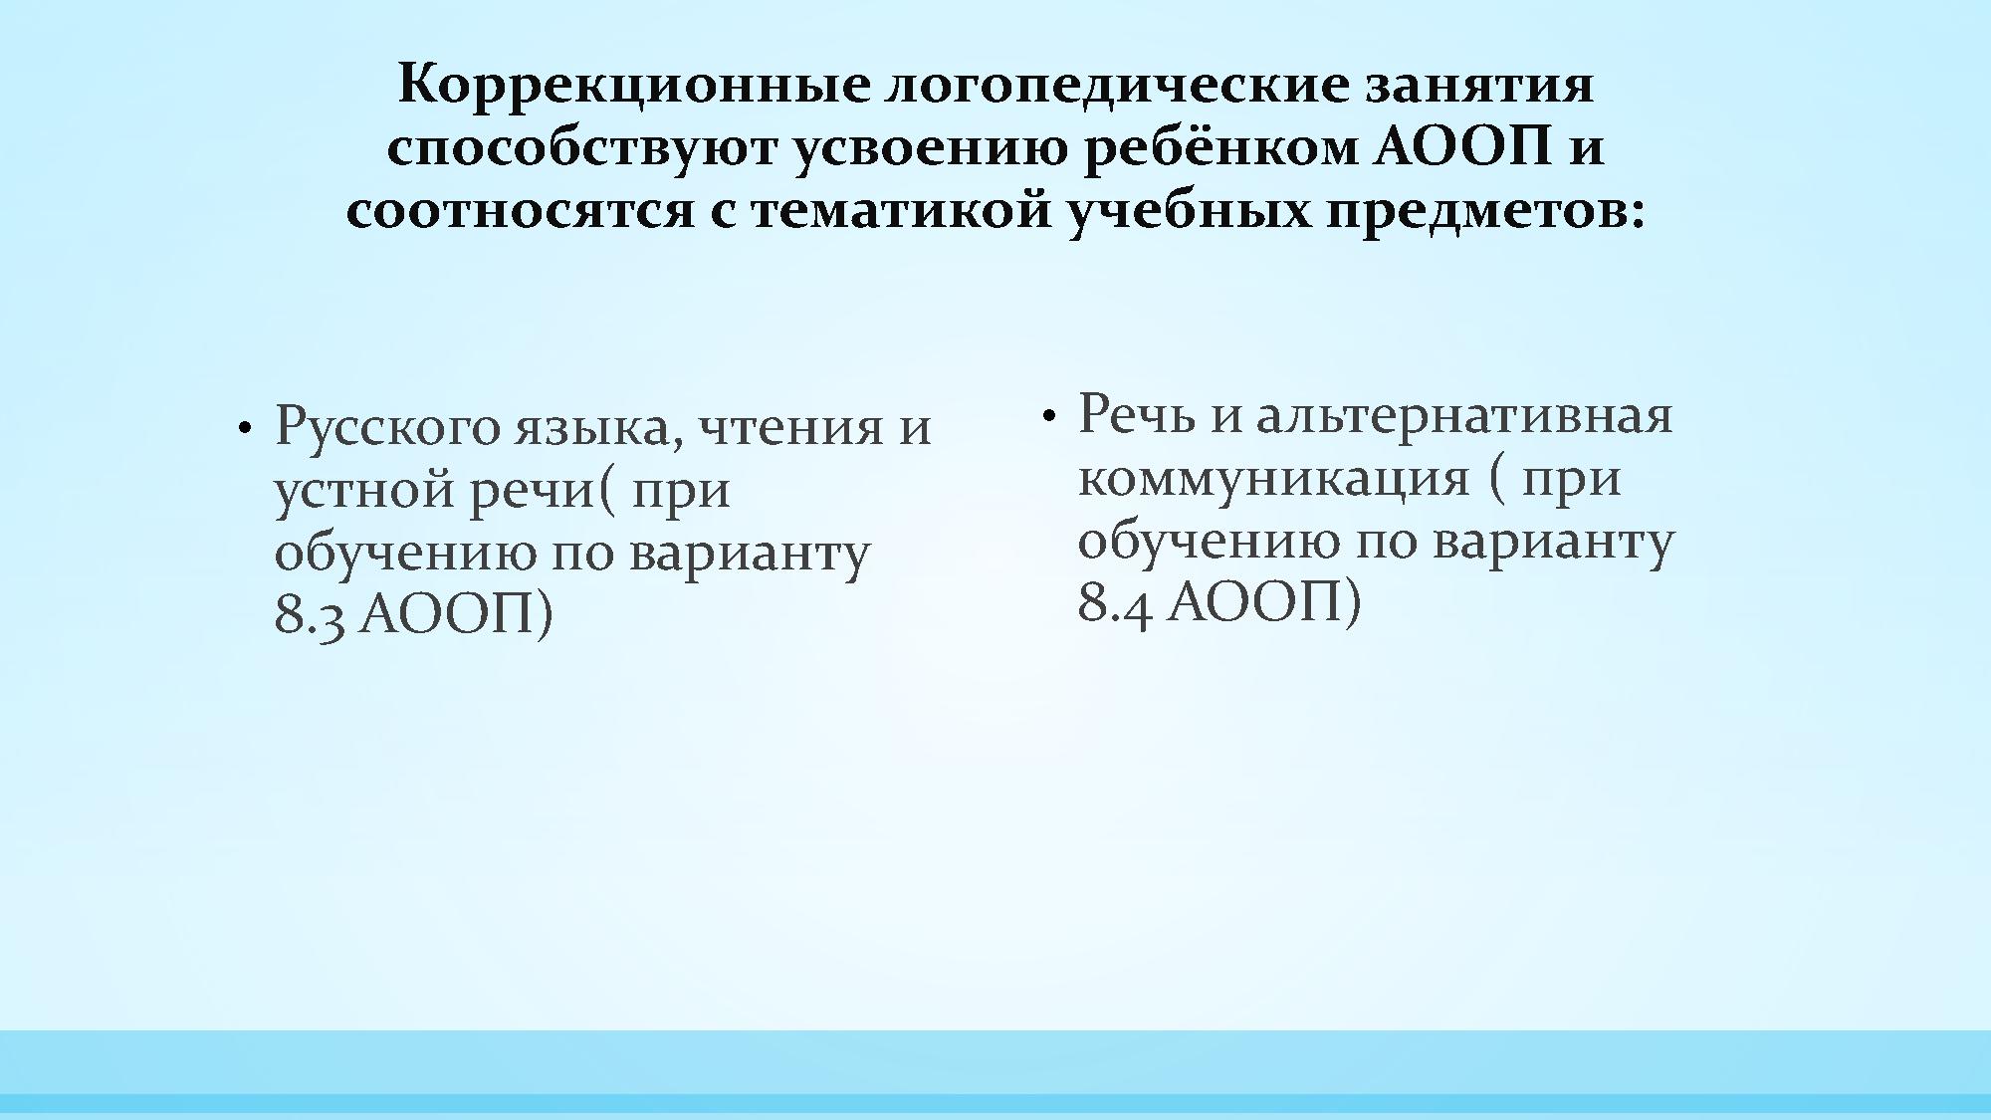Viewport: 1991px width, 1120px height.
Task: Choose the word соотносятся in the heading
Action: [519, 211]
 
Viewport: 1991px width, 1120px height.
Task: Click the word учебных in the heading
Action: [1189, 211]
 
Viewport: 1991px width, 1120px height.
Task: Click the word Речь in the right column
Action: [1136, 415]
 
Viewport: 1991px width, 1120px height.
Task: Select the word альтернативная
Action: [1464, 415]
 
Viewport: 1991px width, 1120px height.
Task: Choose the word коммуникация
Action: [1273, 479]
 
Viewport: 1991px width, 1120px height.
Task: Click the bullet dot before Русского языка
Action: [243, 429]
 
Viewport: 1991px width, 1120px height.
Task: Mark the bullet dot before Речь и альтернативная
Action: [1047, 416]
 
